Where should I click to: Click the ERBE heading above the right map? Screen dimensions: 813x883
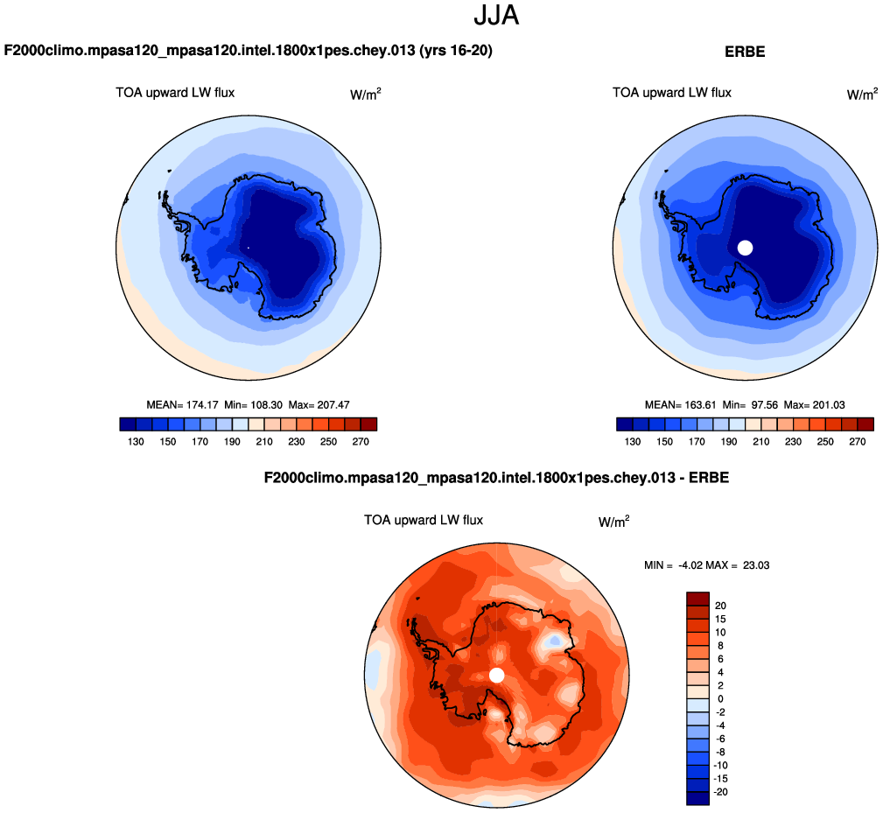745,53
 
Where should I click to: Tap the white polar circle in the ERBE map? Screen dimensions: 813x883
745,248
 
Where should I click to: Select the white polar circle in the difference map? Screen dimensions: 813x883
497,675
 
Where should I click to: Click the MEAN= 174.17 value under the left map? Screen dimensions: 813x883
179,404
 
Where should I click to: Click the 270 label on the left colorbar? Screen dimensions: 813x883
361,442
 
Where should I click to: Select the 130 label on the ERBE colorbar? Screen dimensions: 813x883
633,442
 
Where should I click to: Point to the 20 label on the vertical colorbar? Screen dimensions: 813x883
720,606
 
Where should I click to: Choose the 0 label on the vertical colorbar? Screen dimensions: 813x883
720,698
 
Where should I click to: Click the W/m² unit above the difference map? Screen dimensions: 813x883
613,522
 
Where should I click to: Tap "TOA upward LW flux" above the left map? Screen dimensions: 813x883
175,92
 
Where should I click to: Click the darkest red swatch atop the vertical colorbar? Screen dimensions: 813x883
697,599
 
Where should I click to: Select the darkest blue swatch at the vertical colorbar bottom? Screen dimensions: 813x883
697,798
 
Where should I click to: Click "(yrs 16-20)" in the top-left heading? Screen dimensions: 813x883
455,52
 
